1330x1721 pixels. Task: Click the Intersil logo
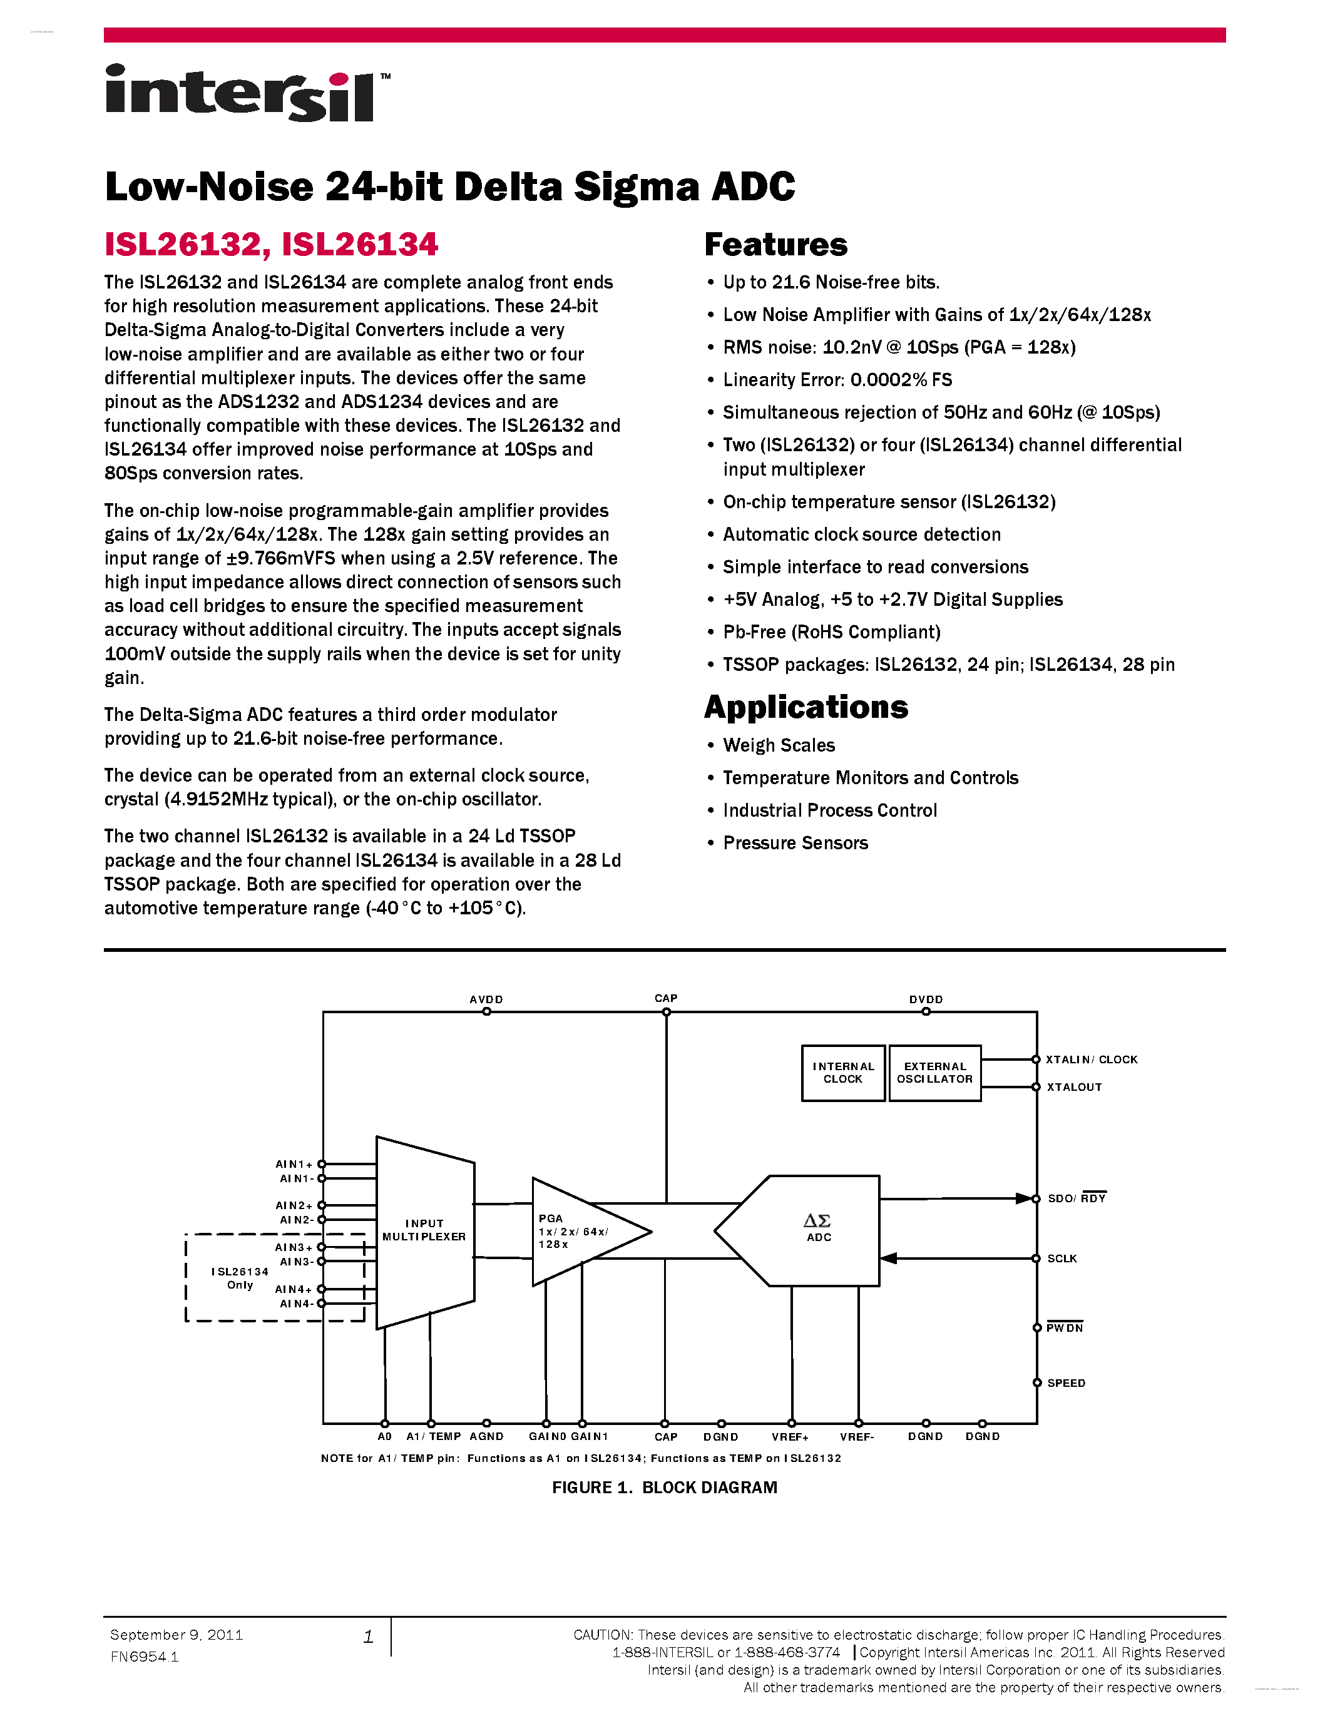(246, 94)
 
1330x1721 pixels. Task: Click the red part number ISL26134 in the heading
(359, 244)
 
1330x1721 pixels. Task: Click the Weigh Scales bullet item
(779, 745)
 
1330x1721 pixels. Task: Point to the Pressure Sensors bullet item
(795, 843)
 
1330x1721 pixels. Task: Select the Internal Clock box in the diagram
(843, 1073)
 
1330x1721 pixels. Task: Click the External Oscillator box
(934, 1073)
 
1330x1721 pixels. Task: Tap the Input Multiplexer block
(425, 1231)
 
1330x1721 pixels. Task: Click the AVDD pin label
(486, 999)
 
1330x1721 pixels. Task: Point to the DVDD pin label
(926, 999)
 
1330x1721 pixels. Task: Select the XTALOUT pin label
(1074, 1088)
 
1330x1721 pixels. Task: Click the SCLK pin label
(1061, 1259)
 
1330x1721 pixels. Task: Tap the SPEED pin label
(1066, 1383)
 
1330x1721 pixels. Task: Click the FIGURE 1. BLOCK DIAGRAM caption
(664, 1487)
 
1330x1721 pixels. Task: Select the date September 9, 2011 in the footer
(176, 1635)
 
